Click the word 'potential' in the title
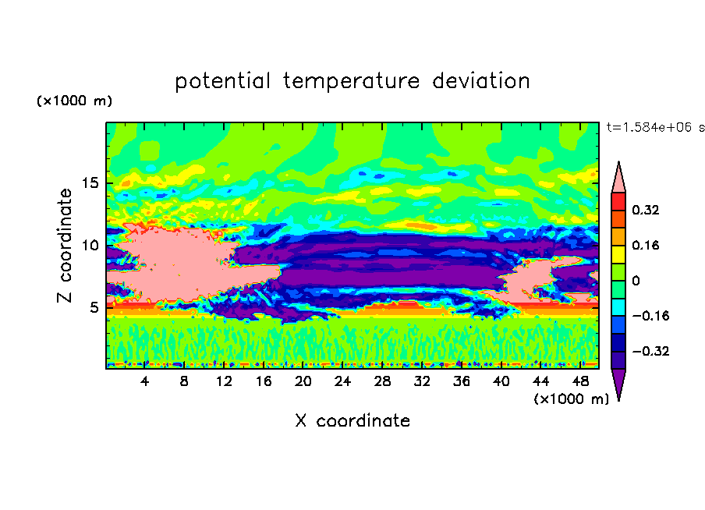pyautogui.click(x=222, y=82)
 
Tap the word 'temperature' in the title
pyautogui.click(x=352, y=82)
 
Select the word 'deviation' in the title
pyautogui.click(x=481, y=81)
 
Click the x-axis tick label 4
pyautogui.click(x=144, y=381)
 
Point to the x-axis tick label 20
pyautogui.click(x=303, y=381)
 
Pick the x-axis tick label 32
pyautogui.click(x=422, y=381)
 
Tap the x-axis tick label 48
pyautogui.click(x=580, y=381)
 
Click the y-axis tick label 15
pyautogui.click(x=90, y=183)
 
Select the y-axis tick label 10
pyautogui.click(x=90, y=245)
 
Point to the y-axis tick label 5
pyautogui.click(x=94, y=307)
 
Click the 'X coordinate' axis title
pyautogui.click(x=353, y=420)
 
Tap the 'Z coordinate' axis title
pyautogui.click(x=65, y=245)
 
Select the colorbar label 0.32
pyautogui.click(x=645, y=210)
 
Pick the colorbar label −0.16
pyautogui.click(x=650, y=316)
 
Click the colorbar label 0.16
pyautogui.click(x=645, y=245)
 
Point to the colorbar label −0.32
pyautogui.click(x=650, y=351)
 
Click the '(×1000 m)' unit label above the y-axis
pyautogui.click(x=74, y=101)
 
